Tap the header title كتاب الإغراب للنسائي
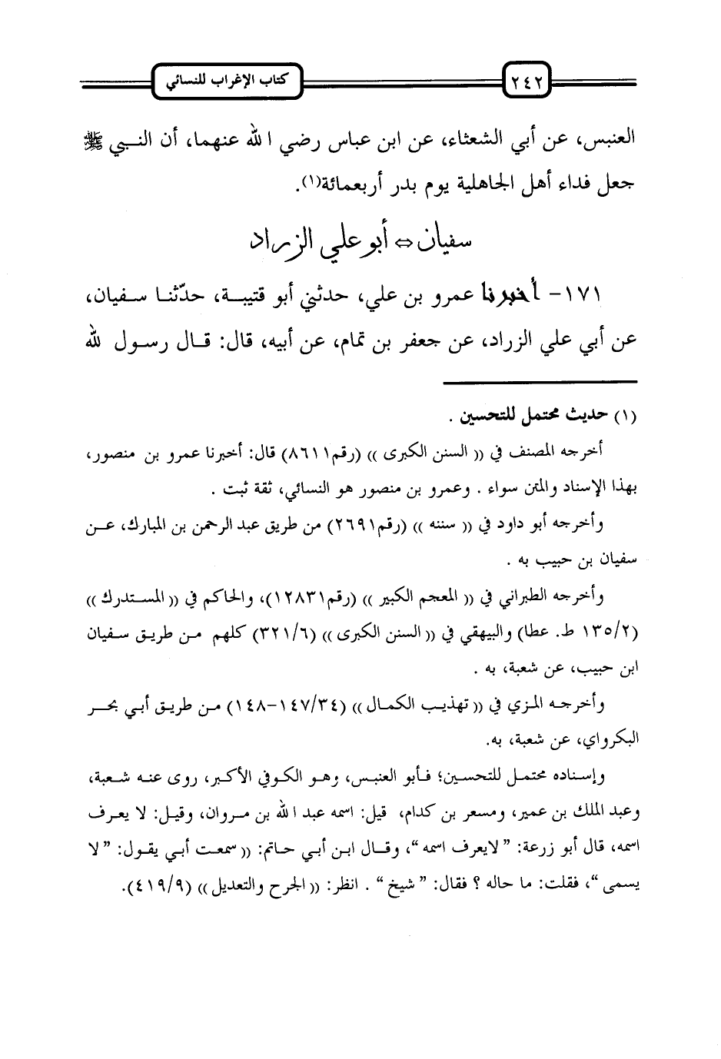pos(229,78)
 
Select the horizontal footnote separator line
pos(541,382)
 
